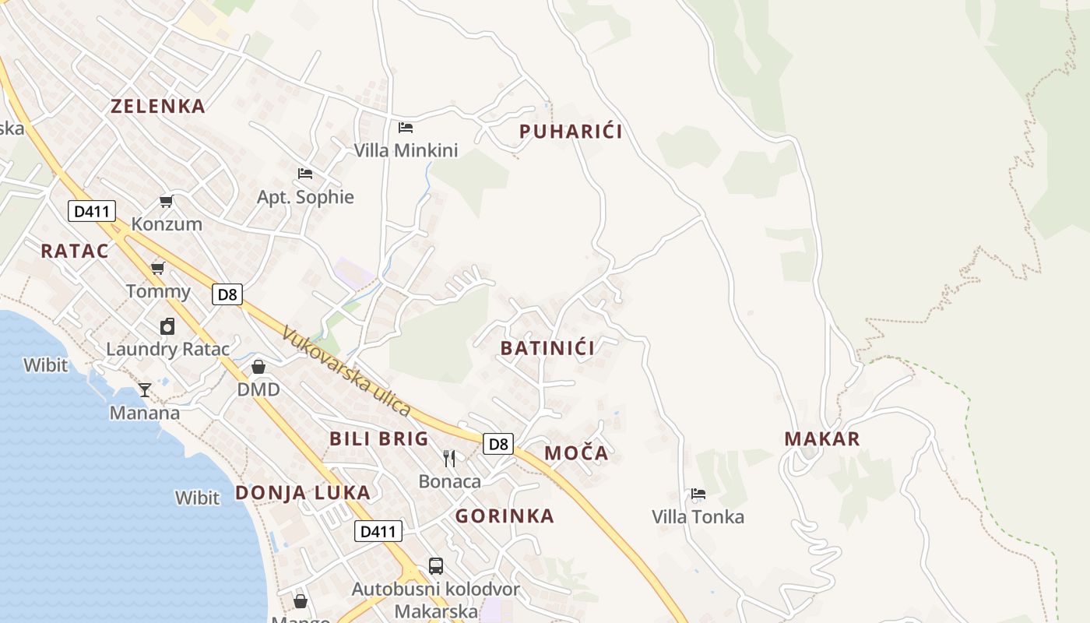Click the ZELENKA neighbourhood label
point(158,107)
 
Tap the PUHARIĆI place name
point(571,132)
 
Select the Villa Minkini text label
point(406,150)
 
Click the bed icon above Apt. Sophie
point(305,173)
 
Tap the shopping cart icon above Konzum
point(166,202)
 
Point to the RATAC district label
point(75,251)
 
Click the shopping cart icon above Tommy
point(158,269)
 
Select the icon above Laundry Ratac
point(167,326)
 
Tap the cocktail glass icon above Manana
point(145,389)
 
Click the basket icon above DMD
point(258,366)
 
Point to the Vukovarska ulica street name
point(346,371)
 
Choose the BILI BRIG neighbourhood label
point(379,438)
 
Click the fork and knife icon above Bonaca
point(449,459)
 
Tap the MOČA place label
point(576,453)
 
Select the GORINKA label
point(505,516)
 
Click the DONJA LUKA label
point(303,492)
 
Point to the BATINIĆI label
point(547,348)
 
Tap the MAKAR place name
point(822,438)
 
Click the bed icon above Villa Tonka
point(698,494)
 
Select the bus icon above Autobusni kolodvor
point(436,566)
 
